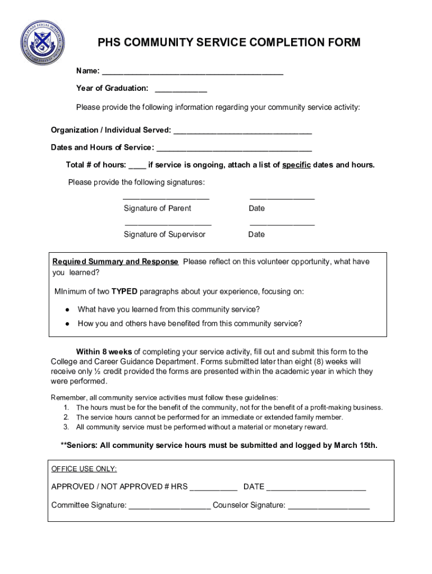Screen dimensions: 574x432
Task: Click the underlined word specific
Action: click(x=296, y=165)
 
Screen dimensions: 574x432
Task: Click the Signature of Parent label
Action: click(x=157, y=209)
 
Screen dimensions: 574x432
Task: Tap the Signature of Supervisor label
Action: click(x=164, y=234)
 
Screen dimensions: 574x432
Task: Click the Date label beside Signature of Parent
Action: click(x=257, y=209)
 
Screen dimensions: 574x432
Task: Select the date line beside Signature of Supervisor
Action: click(x=282, y=225)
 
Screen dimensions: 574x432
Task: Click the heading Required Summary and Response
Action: click(x=115, y=262)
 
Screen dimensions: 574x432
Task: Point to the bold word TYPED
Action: click(x=124, y=291)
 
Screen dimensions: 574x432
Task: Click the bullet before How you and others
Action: click(x=67, y=324)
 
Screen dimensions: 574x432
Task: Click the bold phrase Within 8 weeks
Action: click(x=104, y=352)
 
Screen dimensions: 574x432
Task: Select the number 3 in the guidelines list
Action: click(x=66, y=427)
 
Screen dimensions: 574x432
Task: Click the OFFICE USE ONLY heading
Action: click(x=84, y=469)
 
